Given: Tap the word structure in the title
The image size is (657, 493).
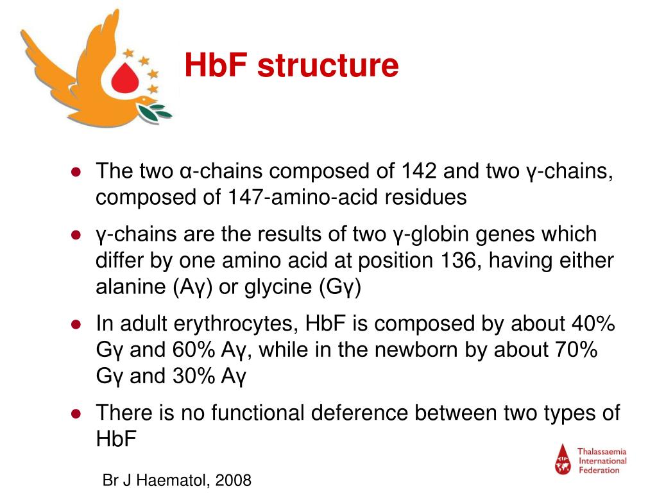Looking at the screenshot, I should (x=327, y=67).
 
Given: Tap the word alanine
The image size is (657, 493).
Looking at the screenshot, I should (x=130, y=287).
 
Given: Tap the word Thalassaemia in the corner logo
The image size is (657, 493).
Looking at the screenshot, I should (x=602, y=452).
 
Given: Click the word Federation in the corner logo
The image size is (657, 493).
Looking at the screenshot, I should (x=600, y=470).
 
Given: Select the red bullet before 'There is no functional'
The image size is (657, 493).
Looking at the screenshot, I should (x=75, y=413).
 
